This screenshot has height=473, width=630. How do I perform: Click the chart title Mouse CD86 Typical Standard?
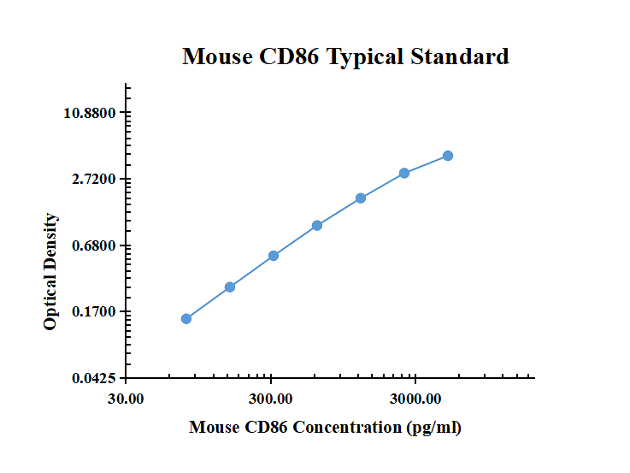[x=345, y=57]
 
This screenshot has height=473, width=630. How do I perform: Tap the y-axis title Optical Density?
[x=50, y=271]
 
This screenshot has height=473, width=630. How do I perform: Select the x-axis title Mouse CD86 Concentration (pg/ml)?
[x=325, y=427]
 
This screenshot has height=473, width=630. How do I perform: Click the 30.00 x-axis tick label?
[x=127, y=399]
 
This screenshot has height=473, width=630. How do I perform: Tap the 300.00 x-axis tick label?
[x=271, y=399]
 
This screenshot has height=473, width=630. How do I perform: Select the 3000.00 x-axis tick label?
[x=415, y=399]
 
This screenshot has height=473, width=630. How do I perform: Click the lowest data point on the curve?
[x=186, y=319]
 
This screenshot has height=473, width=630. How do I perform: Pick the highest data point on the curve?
[x=448, y=156]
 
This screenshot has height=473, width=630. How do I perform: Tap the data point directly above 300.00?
[x=274, y=256]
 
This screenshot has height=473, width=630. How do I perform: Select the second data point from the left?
[x=230, y=287]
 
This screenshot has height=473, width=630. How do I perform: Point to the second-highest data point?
[x=404, y=174]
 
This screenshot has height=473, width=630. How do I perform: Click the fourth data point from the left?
[x=317, y=226]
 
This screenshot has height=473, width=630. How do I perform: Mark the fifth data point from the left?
[x=361, y=198]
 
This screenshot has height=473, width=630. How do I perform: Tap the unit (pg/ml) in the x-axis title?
[x=433, y=427]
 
